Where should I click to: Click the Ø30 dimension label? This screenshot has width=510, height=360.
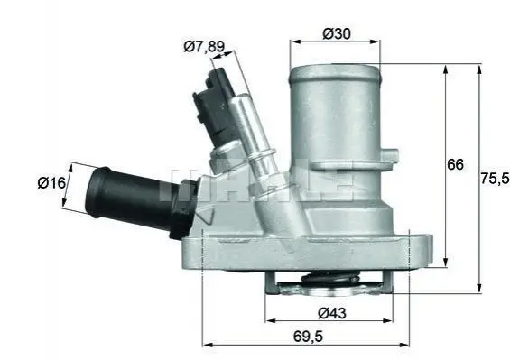click(x=337, y=33)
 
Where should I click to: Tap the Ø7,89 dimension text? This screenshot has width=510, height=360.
click(x=204, y=47)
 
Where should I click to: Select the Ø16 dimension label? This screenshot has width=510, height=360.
click(x=51, y=183)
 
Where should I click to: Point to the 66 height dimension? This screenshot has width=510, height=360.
click(x=455, y=164)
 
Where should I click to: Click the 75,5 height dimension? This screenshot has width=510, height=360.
click(x=495, y=178)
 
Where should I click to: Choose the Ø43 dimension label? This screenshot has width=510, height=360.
click(x=332, y=313)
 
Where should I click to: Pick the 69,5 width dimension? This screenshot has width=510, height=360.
click(x=308, y=337)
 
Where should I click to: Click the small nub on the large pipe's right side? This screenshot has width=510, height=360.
click(x=390, y=154)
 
